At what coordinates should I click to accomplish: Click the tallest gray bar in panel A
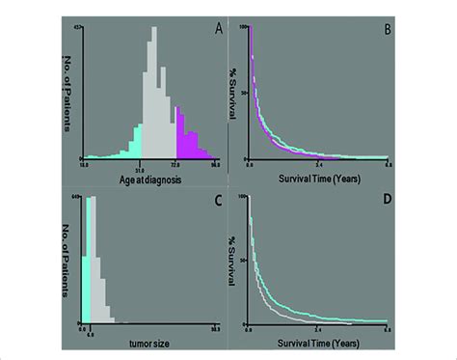[152, 97]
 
